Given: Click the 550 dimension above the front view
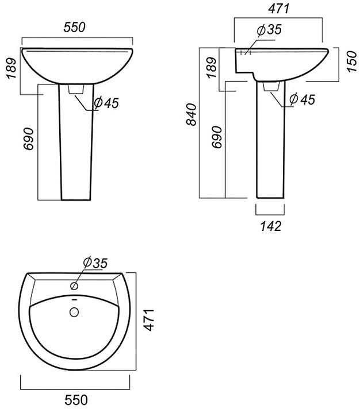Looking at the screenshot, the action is (x=74, y=28).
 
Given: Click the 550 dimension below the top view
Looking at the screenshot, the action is (x=76, y=400).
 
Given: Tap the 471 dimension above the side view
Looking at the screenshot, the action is (x=279, y=9).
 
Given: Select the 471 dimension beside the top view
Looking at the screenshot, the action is (x=150, y=320).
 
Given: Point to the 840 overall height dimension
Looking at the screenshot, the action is (x=192, y=114).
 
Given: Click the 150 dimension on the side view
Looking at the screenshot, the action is (x=352, y=61).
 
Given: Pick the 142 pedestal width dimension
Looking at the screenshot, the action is (x=271, y=226).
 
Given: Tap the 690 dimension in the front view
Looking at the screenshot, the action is (x=29, y=139).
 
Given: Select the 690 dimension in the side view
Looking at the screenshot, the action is (x=217, y=137).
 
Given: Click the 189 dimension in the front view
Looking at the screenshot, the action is (x=12, y=68).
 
